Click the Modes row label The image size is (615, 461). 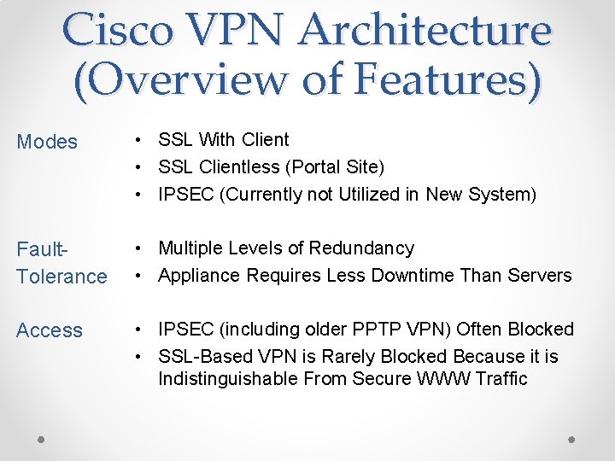tap(47, 142)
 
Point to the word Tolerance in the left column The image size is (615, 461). tap(62, 277)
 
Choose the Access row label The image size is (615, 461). tap(50, 330)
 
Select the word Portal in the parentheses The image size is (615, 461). tap(321, 166)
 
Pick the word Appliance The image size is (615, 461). tap(198, 276)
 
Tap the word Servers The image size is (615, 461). tap(539, 276)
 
